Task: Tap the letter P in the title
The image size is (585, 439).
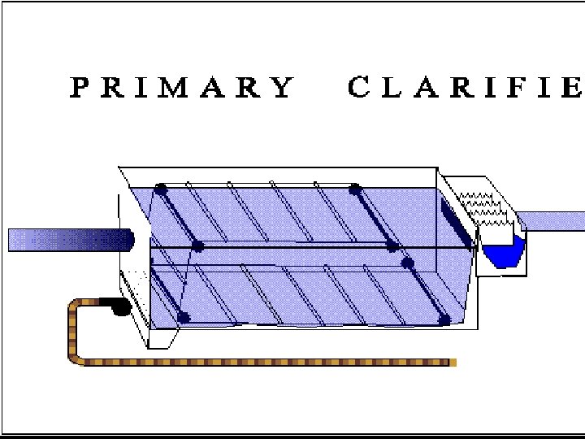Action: coord(80,87)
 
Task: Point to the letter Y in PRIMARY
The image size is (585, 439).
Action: coord(283,87)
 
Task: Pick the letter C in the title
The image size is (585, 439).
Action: coord(359,87)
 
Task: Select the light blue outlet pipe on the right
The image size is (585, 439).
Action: coord(551,220)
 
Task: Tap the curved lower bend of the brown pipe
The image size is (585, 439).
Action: coord(75,354)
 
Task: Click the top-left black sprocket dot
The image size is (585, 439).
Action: coord(161,189)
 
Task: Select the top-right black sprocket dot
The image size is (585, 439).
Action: coord(355,189)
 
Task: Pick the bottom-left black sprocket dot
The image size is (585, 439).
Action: coord(183,317)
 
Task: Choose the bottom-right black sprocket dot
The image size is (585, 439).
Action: coord(444,319)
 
